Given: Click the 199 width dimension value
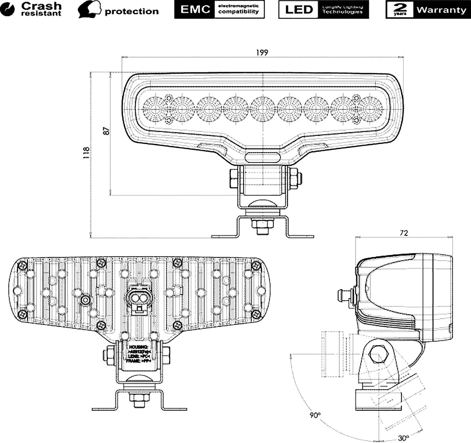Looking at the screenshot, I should [x=262, y=52].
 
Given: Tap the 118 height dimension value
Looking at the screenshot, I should [x=86, y=153].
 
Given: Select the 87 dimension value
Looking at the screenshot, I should [x=106, y=131].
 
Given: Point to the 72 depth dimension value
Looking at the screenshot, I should [x=404, y=233].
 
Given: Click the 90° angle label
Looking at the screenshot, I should [x=315, y=415].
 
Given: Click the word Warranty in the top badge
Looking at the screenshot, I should [x=441, y=10].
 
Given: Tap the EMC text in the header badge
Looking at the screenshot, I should [x=195, y=10].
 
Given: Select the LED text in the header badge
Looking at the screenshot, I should [x=299, y=10].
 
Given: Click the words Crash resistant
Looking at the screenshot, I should [x=41, y=9].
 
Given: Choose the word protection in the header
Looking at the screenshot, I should [x=131, y=11].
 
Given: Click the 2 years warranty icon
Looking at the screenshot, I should [x=400, y=10].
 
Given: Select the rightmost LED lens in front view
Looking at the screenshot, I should [x=370, y=109].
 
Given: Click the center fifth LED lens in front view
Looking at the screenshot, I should [x=262, y=109].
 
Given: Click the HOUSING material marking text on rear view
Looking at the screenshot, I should [x=139, y=347].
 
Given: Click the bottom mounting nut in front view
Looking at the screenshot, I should [x=262, y=224].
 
